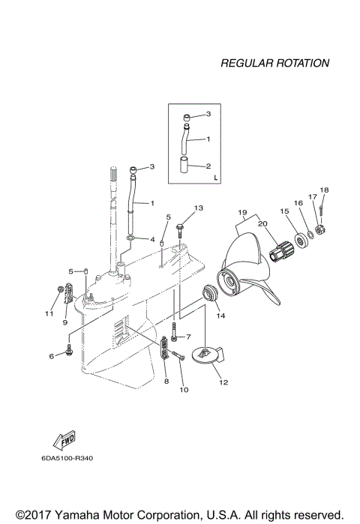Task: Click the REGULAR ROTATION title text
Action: click(x=274, y=64)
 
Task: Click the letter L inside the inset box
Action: click(x=215, y=178)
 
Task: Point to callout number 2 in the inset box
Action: click(x=209, y=166)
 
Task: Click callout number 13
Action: click(x=199, y=207)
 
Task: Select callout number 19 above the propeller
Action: click(x=242, y=212)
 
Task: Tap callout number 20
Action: click(x=262, y=223)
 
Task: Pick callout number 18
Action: click(x=324, y=190)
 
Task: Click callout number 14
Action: click(x=220, y=316)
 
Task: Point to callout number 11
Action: click(x=49, y=313)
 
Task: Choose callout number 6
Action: click(x=52, y=356)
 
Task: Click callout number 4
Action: click(x=152, y=240)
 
